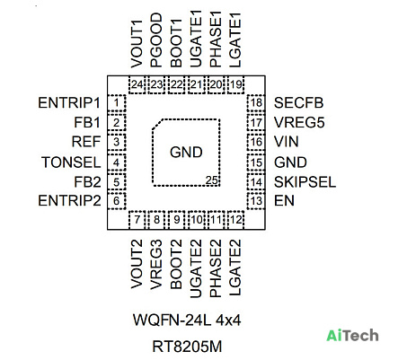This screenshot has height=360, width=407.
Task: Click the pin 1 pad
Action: click(x=116, y=103)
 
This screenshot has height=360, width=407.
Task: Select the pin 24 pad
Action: click(x=137, y=84)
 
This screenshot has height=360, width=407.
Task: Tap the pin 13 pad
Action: click(x=256, y=201)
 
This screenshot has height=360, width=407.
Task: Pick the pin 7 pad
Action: click(x=137, y=220)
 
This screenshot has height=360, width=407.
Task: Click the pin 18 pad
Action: click(x=256, y=103)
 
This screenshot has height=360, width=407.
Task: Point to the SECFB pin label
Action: click(x=298, y=103)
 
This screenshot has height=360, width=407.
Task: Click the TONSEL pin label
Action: click(x=71, y=162)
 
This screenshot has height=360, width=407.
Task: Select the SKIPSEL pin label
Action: click(x=305, y=182)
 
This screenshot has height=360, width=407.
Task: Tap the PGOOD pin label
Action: click(x=156, y=40)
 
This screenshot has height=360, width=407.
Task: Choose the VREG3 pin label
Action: click(x=156, y=265)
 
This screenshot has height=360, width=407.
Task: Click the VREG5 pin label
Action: click(x=299, y=123)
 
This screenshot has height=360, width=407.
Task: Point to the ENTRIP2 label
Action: click(x=69, y=200)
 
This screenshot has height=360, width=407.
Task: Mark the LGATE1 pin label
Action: click(x=235, y=40)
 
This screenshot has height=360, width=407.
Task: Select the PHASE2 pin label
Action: click(x=216, y=268)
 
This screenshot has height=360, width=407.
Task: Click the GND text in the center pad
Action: click(x=186, y=152)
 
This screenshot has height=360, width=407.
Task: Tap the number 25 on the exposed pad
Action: click(x=211, y=180)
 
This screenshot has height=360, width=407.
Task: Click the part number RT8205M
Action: click(x=187, y=347)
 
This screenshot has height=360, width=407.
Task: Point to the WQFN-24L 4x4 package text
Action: click(x=187, y=320)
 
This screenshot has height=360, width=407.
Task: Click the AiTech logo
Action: click(x=352, y=336)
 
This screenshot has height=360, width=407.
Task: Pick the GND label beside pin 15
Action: click(x=290, y=162)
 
